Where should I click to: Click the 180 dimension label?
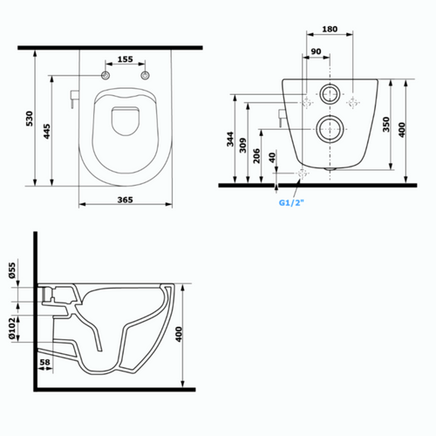pyautogui.click(x=330, y=29)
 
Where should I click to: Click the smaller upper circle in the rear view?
pyautogui.click(x=330, y=93)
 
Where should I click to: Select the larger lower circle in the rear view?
pyautogui.click(x=330, y=129)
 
